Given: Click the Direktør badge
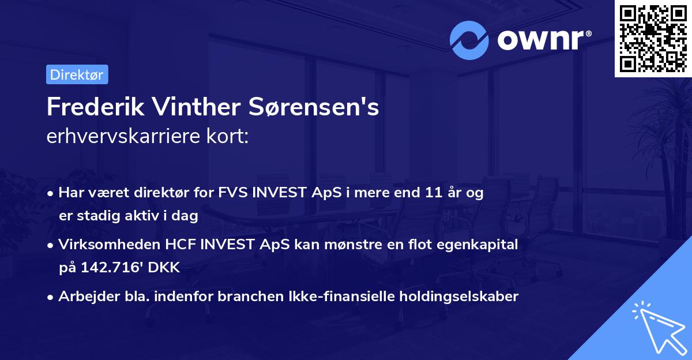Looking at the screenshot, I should [77, 74].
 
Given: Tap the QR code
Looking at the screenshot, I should [653, 38].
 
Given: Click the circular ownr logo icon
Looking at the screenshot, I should [470, 40].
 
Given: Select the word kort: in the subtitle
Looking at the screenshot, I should [231, 137].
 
